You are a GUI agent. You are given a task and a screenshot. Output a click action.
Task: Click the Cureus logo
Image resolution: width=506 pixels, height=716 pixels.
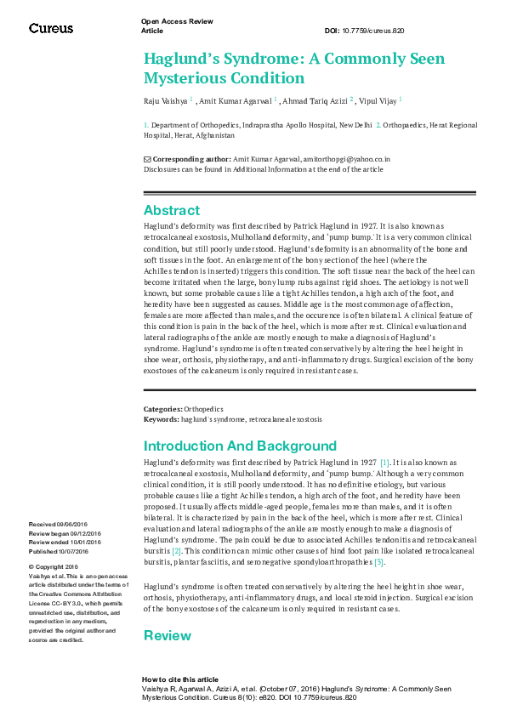51,28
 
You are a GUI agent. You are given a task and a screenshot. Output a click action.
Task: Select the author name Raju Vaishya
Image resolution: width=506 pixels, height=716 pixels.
166,100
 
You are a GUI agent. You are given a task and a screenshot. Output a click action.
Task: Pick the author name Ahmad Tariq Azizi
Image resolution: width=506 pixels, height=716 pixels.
316,100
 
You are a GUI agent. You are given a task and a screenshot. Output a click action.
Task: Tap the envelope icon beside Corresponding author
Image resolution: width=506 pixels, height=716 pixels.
147,159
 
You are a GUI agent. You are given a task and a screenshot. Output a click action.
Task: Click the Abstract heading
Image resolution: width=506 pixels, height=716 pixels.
172,210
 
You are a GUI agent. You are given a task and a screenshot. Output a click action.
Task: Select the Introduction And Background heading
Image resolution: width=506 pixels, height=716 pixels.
240,446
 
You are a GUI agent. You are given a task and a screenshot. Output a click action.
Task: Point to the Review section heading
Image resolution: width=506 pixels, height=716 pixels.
168,635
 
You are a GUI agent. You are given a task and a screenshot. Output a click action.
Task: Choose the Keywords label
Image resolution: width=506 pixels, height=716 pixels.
161,419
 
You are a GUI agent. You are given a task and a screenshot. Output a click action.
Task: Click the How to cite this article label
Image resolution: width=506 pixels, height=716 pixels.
179,679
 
